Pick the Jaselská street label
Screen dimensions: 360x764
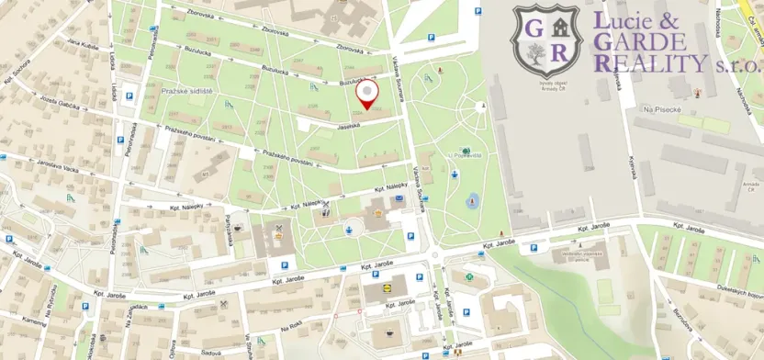[x=347, y=126]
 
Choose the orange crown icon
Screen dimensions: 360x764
[x=277, y=237]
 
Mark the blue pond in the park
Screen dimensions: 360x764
[x=472, y=199]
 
